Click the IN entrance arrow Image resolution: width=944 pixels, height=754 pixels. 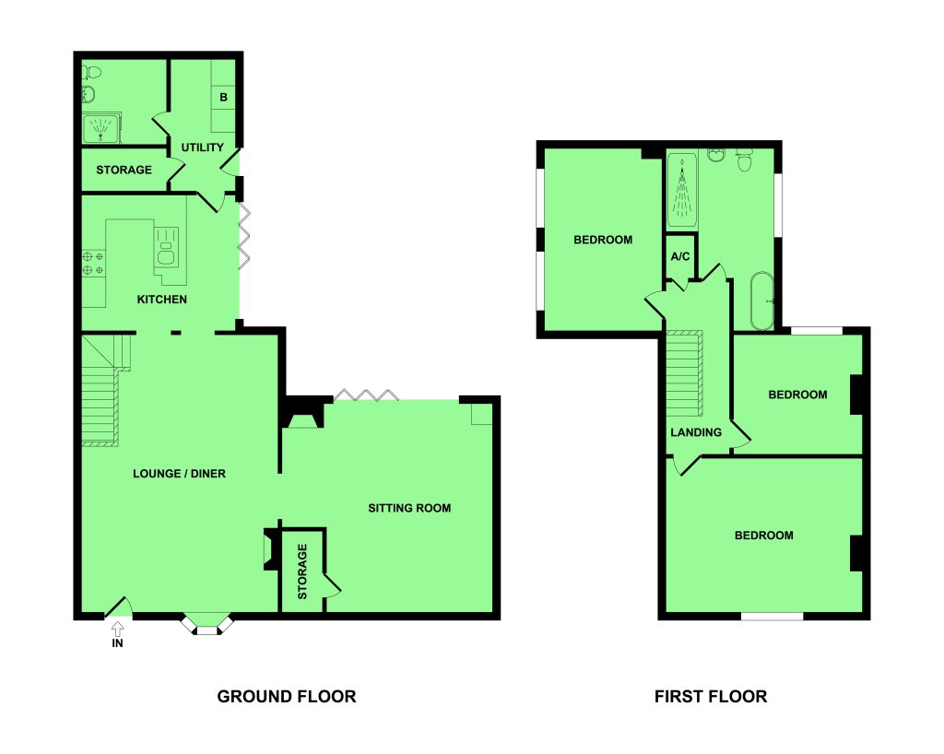[x=117, y=630]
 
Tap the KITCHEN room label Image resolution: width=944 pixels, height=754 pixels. [x=162, y=299]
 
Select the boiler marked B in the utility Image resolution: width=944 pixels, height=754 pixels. [x=223, y=97]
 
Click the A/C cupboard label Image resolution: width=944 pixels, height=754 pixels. [x=680, y=256]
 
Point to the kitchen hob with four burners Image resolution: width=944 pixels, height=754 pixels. [x=93, y=263]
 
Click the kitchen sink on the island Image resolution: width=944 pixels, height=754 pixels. [x=166, y=247]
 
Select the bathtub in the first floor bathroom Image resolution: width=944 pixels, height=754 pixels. [x=762, y=300]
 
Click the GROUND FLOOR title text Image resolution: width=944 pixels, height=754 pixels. [x=287, y=696]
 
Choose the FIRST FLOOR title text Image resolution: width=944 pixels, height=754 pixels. [x=711, y=696]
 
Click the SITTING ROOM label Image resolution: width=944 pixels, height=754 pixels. [x=409, y=508]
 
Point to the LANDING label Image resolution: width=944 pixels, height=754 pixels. [x=696, y=432]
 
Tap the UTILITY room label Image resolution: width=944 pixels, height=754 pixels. [x=202, y=147]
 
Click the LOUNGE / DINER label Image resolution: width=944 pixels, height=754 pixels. [x=180, y=474]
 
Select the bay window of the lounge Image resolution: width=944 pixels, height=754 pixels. [x=207, y=623]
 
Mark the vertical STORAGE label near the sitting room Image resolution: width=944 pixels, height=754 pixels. [x=302, y=571]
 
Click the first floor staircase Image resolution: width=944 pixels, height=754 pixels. [x=685, y=373]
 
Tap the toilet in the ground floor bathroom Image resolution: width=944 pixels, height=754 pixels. [x=92, y=72]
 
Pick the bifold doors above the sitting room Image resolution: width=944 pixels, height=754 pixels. [x=366, y=395]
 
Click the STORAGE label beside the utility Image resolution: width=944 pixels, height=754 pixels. [x=124, y=170]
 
